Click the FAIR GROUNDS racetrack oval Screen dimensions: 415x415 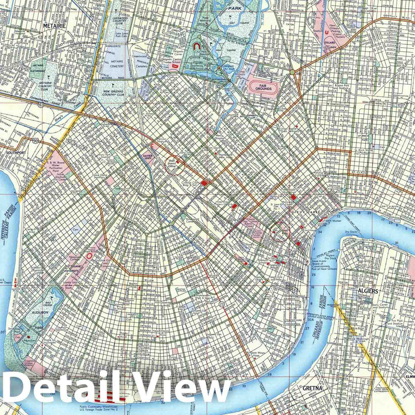pos(261,86)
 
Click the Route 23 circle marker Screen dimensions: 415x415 pos(221,304)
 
